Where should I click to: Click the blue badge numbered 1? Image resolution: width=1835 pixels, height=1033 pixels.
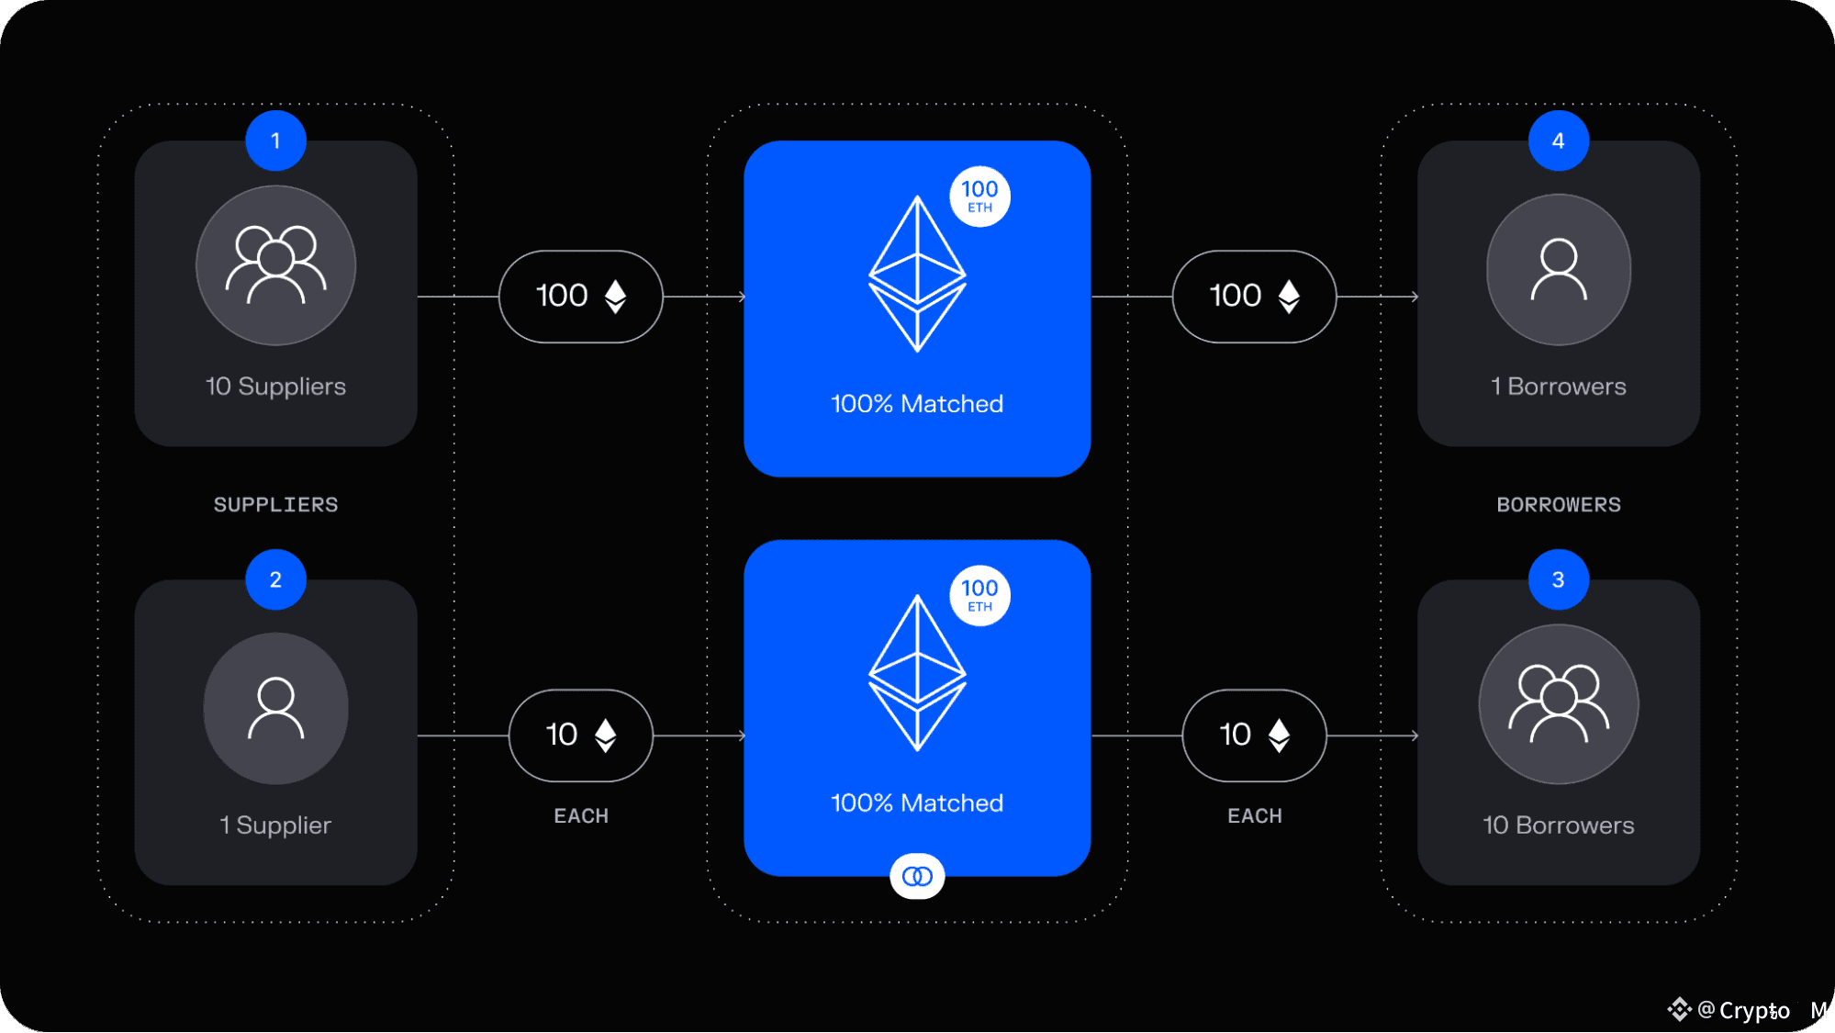275,140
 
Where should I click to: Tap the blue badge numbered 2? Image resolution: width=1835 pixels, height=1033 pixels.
275,579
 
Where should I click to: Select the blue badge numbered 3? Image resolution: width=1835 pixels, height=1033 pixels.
1558,579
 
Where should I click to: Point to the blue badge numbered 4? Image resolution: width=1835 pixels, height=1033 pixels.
1558,140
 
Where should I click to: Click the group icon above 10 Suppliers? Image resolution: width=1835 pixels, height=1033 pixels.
275,265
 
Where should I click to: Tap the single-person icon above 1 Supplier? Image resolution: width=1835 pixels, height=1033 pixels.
275,708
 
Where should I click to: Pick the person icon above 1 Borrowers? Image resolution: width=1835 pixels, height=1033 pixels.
1558,269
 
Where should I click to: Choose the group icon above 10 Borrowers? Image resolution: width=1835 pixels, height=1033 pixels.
1558,704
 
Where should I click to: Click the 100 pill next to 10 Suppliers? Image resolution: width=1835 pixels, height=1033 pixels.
580,297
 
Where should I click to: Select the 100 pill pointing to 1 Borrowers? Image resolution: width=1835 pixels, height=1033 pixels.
1254,297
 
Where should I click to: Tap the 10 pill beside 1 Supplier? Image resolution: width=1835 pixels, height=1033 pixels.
580,735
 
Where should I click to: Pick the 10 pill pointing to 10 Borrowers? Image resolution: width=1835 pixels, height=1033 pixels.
1254,735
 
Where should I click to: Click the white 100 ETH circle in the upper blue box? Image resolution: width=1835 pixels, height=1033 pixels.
979,196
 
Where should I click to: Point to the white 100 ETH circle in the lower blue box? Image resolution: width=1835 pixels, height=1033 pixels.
979,596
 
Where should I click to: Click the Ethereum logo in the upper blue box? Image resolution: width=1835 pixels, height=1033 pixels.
917,274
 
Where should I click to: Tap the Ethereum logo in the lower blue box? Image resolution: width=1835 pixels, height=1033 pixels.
917,673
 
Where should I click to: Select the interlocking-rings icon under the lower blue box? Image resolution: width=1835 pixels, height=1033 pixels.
917,876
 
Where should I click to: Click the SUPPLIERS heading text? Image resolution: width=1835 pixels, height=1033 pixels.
275,504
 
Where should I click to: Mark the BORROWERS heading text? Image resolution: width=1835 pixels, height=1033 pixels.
1558,504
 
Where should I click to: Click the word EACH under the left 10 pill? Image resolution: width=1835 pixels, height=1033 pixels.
580,815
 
